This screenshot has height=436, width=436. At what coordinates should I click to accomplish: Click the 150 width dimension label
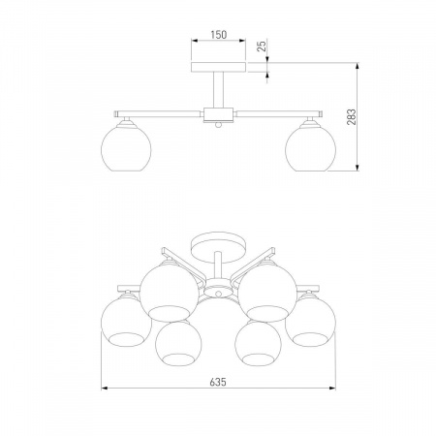click(219, 35)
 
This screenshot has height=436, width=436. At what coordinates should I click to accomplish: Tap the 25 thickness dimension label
click(263, 47)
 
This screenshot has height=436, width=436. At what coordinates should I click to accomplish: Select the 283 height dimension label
click(352, 117)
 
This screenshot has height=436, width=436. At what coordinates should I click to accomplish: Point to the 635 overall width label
click(218, 382)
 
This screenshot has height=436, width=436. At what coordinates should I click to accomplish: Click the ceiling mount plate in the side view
click(218, 67)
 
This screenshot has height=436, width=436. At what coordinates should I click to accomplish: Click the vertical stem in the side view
click(218, 90)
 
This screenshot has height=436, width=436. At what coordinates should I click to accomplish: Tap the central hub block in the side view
click(218, 115)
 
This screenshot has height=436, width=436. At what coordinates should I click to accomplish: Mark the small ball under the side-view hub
click(218, 125)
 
